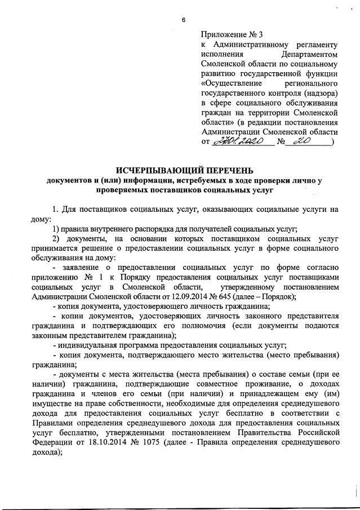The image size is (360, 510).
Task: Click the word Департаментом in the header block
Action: click(310, 55)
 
